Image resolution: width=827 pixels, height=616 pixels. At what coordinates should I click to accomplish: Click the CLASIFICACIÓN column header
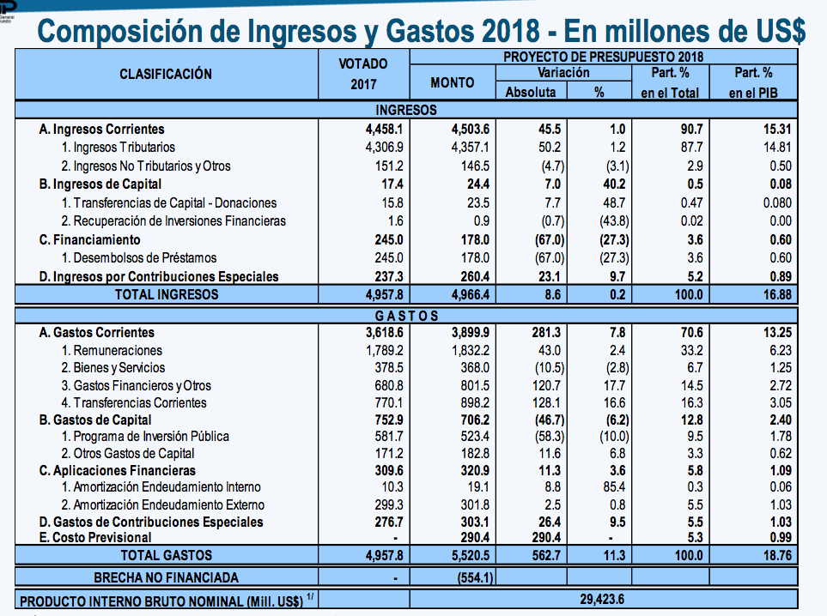(166, 75)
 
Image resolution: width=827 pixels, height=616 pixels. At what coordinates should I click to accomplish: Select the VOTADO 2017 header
(363, 75)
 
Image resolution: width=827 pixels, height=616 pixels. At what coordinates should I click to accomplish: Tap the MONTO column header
(453, 82)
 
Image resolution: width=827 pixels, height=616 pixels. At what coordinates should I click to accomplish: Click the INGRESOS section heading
(406, 110)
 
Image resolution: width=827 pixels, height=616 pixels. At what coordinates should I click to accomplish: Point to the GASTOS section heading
(407, 316)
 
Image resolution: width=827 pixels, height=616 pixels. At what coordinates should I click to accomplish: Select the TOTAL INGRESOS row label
(167, 294)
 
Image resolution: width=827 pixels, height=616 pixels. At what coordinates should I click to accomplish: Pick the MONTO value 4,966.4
(471, 294)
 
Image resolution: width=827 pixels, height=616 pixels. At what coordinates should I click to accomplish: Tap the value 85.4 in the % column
(614, 487)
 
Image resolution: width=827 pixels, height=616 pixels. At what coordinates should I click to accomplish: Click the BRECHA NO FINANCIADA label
(166, 577)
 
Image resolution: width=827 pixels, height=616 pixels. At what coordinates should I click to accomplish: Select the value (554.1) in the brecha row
(475, 577)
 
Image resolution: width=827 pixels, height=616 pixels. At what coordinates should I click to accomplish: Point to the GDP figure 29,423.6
(602, 599)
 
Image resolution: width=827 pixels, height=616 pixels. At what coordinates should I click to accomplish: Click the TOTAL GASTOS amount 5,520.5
(471, 555)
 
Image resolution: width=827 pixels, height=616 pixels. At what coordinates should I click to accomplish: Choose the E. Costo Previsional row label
(95, 537)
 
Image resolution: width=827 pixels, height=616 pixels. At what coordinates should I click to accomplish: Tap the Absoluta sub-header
(531, 92)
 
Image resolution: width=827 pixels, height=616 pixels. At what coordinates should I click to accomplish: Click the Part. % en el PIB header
(753, 82)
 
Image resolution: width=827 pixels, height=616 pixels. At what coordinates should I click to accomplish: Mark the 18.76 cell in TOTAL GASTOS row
(777, 555)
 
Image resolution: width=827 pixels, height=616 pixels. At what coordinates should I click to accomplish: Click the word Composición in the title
(119, 32)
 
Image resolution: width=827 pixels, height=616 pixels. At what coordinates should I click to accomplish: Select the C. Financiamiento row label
(89, 239)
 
